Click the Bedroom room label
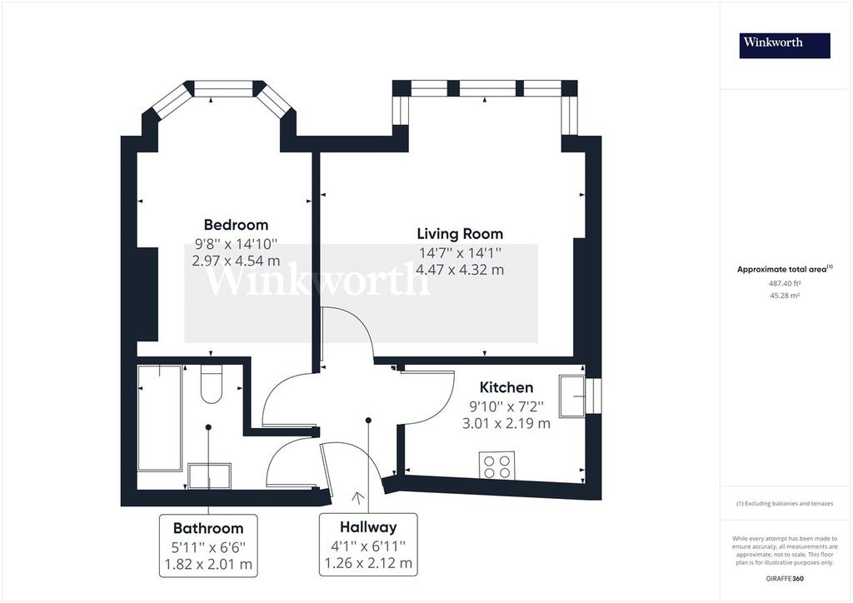point(236,225)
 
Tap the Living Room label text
point(460,234)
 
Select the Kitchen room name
point(506,387)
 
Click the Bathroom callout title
point(207,528)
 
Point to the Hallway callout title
point(368,527)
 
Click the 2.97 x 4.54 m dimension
point(236,261)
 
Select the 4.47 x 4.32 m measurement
point(460,270)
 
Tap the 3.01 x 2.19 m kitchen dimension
point(506,423)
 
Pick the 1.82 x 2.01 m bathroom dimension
point(208,565)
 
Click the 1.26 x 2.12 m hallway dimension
point(368,563)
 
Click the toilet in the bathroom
point(212,384)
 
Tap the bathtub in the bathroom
point(159,418)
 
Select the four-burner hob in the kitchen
point(496,466)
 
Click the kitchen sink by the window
point(572,396)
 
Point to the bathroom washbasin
point(209,476)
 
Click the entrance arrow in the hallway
point(358,497)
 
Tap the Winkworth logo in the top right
point(785,46)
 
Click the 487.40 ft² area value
point(785,283)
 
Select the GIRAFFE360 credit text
point(785,579)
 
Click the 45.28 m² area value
point(785,296)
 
